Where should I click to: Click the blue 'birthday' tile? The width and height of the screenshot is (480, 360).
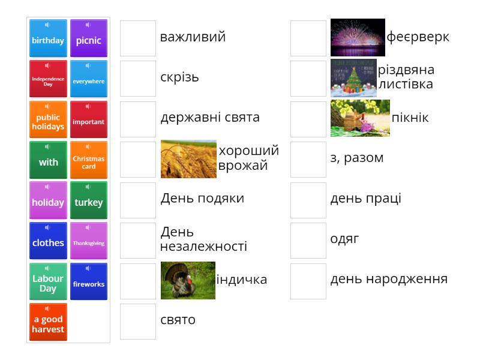(x=48, y=38)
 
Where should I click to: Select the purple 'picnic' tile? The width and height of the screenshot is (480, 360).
(x=89, y=38)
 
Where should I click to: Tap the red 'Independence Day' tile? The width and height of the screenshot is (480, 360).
(x=48, y=79)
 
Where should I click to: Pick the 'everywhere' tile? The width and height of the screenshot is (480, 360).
(x=89, y=79)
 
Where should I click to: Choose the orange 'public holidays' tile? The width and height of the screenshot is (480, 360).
(x=48, y=119)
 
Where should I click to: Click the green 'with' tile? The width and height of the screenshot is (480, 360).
(x=48, y=160)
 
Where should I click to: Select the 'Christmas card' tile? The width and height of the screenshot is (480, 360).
(x=89, y=160)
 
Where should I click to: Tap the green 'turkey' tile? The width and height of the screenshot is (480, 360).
(x=89, y=200)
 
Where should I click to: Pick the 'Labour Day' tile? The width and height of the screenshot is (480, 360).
(x=48, y=281)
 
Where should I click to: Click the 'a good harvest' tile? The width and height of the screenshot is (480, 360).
(x=48, y=322)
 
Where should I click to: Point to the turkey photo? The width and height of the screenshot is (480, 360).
(x=188, y=280)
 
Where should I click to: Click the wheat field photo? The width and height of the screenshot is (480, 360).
(x=188, y=159)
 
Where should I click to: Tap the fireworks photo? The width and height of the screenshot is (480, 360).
(x=358, y=38)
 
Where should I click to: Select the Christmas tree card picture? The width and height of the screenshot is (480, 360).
(x=353, y=78)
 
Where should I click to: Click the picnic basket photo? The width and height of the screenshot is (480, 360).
(x=360, y=118)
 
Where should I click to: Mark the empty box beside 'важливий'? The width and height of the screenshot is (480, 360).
(x=138, y=38)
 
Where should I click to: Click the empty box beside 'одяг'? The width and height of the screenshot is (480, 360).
(x=308, y=241)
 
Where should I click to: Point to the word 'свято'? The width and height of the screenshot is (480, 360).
(x=178, y=320)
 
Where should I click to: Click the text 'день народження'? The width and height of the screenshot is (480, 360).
(x=389, y=279)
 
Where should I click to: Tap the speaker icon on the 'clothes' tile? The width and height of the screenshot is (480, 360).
(x=47, y=227)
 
